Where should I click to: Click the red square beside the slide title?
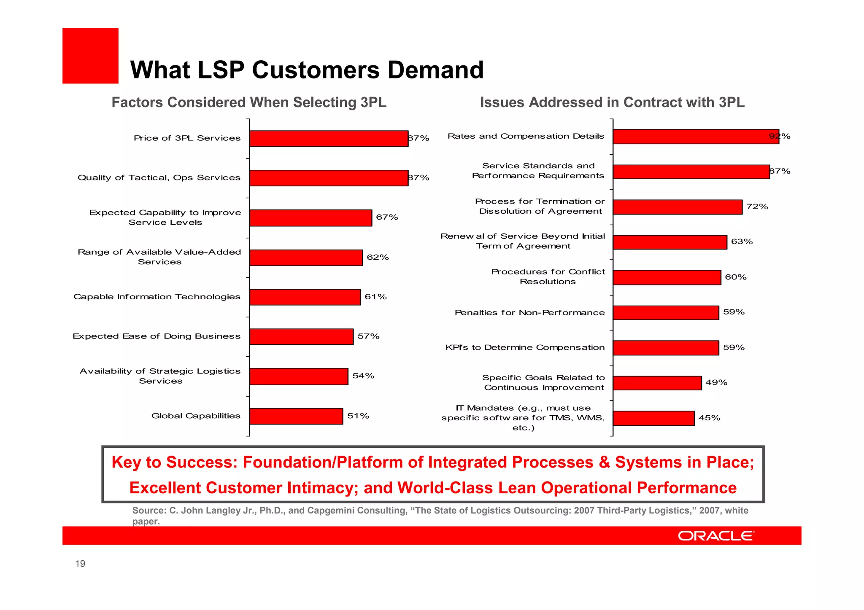(x=90, y=56)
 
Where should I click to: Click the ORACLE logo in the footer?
(x=716, y=536)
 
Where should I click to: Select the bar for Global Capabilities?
(x=296, y=416)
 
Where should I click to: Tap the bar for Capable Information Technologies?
(x=305, y=297)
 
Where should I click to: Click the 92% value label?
(x=780, y=136)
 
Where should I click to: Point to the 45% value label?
(x=709, y=418)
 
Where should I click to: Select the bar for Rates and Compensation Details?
(x=696, y=137)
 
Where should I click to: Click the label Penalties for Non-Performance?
(x=529, y=313)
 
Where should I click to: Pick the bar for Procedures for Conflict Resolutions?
(x=667, y=278)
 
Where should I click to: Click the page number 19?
(x=80, y=564)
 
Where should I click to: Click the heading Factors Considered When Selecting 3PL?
(x=249, y=102)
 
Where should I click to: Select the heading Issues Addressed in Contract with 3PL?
(x=612, y=102)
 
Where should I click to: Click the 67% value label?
(x=387, y=217)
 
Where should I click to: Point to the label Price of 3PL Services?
(x=187, y=138)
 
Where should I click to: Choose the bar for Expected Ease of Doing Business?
(x=301, y=337)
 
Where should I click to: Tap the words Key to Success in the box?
(x=173, y=462)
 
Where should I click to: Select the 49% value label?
(x=716, y=383)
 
